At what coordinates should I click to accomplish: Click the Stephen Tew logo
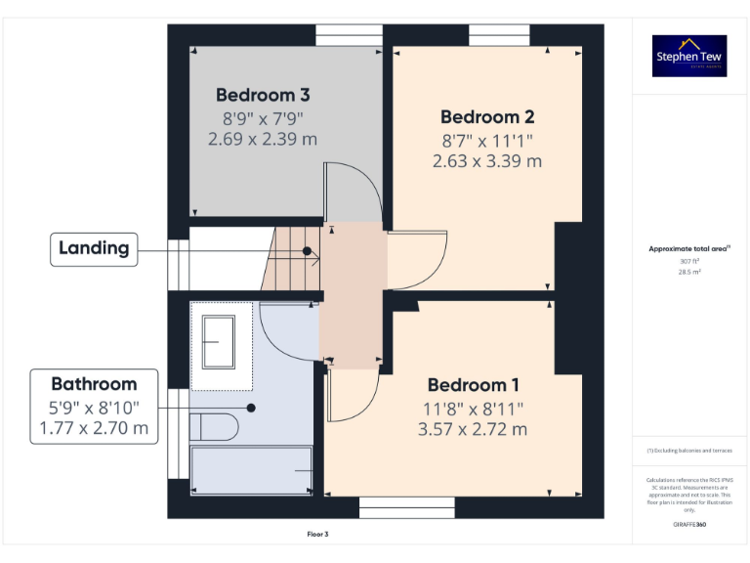point(689,56)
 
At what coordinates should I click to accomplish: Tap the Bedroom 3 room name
point(263,95)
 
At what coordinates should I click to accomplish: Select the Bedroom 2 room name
point(486,116)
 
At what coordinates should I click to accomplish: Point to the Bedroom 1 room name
point(474,384)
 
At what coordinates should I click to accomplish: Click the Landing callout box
point(94,248)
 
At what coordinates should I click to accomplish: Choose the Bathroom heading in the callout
point(94,384)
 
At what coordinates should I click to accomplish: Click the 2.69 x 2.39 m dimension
point(263,139)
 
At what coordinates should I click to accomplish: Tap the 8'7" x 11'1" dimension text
point(486,140)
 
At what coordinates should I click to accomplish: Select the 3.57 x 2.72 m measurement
point(474,429)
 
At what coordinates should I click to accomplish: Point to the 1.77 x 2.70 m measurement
point(94,428)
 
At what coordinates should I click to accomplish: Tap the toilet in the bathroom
point(215,427)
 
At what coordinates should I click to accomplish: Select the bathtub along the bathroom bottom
point(251,470)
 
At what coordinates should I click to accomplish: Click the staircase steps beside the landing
point(295,258)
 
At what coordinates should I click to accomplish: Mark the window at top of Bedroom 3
point(349,34)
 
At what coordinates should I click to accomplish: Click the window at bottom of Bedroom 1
point(406,507)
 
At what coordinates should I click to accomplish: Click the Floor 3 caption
point(318,535)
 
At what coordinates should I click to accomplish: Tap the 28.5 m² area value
point(689,273)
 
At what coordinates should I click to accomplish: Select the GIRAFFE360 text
point(689,525)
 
